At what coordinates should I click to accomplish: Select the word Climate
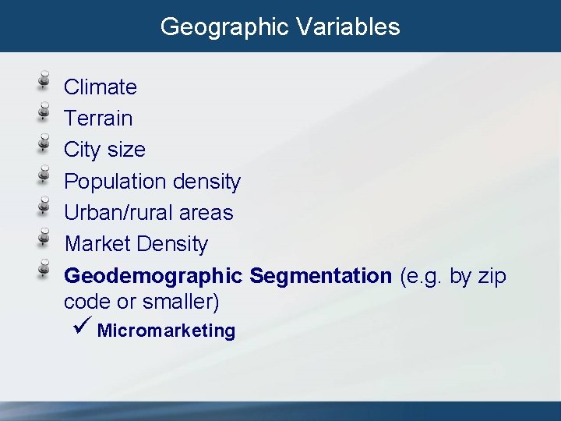[x=101, y=87]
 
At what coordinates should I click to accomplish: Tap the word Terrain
[x=98, y=119]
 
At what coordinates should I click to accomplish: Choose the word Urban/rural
[x=118, y=213]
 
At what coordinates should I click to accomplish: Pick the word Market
[x=97, y=244]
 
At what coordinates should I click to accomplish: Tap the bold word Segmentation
[x=321, y=276]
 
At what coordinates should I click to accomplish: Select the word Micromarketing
[x=166, y=331]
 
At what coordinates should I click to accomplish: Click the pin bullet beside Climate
[x=46, y=81]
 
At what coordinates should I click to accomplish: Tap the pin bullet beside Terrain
[x=46, y=113]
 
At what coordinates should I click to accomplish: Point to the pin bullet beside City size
[x=46, y=144]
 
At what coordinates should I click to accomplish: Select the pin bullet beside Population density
[x=46, y=175]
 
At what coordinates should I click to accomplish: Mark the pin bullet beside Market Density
[x=46, y=239]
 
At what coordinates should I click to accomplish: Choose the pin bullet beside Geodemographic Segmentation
[x=46, y=270]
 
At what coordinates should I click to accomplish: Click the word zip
[x=492, y=276]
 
